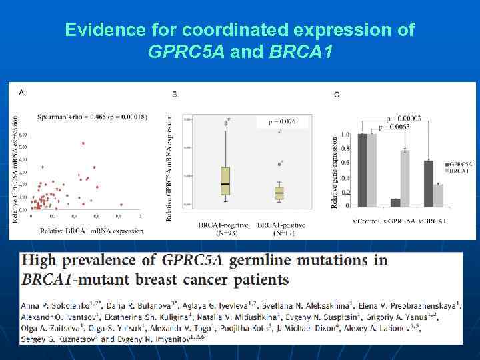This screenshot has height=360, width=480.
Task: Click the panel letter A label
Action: coord(22,91)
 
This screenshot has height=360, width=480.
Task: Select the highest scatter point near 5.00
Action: coord(83,143)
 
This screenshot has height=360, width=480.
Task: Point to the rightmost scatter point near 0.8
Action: coord(121,205)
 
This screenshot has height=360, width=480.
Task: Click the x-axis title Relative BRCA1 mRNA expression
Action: coord(91,231)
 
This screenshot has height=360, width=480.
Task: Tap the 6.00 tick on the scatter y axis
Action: coord(23,135)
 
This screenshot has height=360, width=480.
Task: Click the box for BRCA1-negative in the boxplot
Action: coord(225,181)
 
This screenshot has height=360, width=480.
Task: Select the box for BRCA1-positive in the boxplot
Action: coord(279,192)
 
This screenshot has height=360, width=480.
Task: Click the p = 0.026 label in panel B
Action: coord(281,123)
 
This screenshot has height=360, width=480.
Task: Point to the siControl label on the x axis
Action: coord(367,221)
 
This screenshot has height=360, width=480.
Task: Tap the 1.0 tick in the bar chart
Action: coord(345,135)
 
